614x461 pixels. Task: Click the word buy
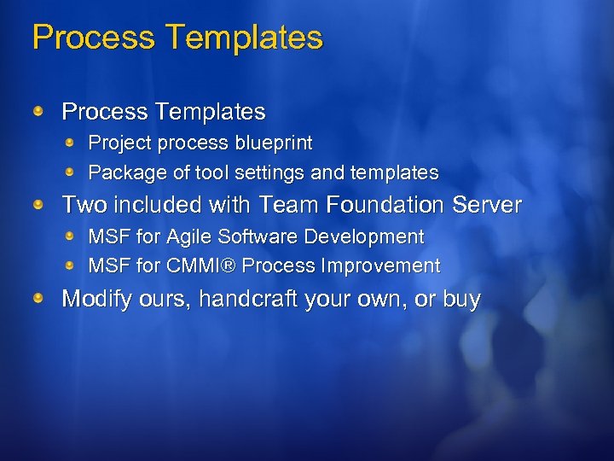(460, 300)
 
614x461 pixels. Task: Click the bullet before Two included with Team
(39, 204)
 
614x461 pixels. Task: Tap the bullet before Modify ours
(39, 298)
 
